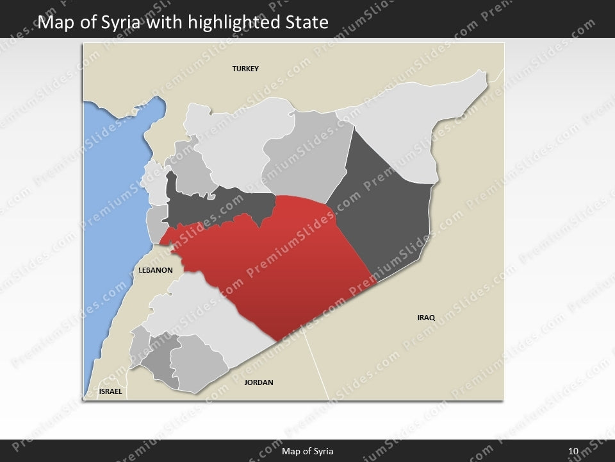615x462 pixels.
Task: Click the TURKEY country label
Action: tap(245, 69)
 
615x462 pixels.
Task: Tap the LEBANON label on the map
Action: tap(156, 270)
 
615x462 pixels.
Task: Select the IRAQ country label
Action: tap(426, 318)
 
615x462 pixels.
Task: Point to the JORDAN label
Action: tap(259, 382)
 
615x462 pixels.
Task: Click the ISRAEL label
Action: tap(110, 391)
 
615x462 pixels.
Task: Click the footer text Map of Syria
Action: tap(307, 452)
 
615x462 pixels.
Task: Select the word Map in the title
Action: tap(55, 24)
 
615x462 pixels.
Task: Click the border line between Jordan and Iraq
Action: tap(318, 366)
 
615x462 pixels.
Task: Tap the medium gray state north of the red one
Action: tap(301, 160)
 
